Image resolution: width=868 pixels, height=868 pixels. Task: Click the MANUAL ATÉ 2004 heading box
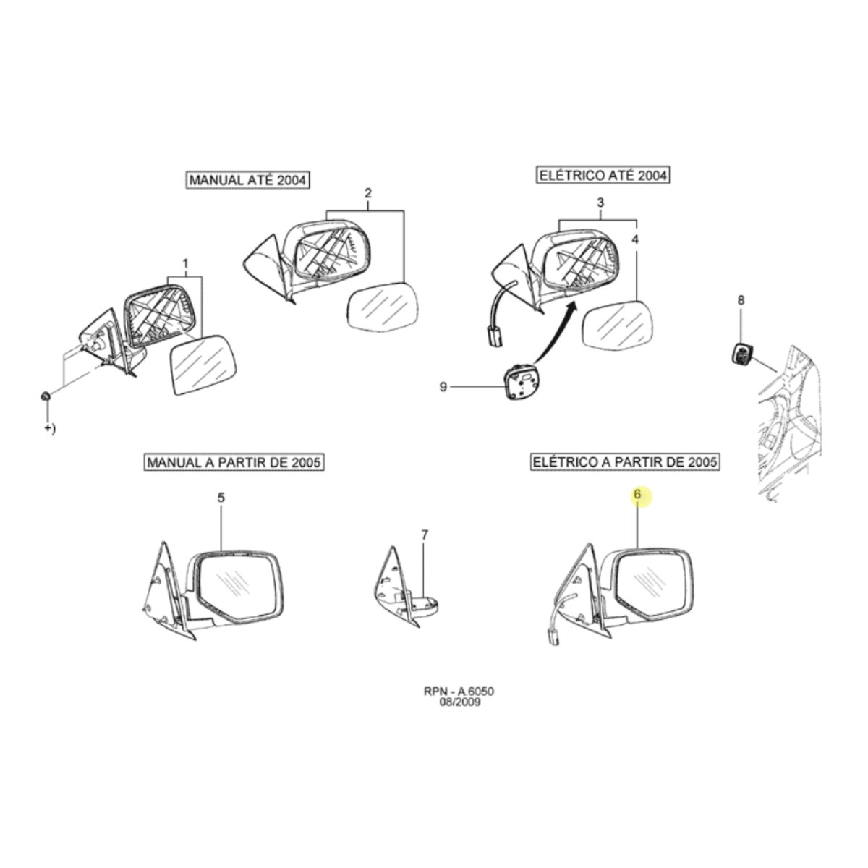click(x=247, y=180)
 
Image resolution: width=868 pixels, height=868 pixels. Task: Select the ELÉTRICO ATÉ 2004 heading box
click(x=603, y=175)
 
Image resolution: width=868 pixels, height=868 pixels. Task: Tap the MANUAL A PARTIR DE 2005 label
click(x=234, y=462)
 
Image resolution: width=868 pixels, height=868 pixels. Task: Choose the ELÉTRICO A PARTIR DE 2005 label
click(x=624, y=461)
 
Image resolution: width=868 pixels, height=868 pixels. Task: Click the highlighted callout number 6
click(x=637, y=494)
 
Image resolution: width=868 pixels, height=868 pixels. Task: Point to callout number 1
click(x=184, y=263)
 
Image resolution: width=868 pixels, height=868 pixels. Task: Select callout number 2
click(x=368, y=193)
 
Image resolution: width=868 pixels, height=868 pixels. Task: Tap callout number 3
click(x=600, y=203)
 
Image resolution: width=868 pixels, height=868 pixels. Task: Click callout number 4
click(x=634, y=239)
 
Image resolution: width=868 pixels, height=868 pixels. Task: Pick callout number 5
click(x=221, y=498)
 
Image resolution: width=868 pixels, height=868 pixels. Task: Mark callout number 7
click(x=425, y=535)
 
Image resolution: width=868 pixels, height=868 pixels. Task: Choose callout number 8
click(x=741, y=300)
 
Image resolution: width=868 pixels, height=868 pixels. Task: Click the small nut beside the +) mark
click(x=45, y=396)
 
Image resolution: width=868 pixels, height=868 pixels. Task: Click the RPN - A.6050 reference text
click(x=459, y=704)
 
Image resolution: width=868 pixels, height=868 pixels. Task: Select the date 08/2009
click(x=459, y=715)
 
